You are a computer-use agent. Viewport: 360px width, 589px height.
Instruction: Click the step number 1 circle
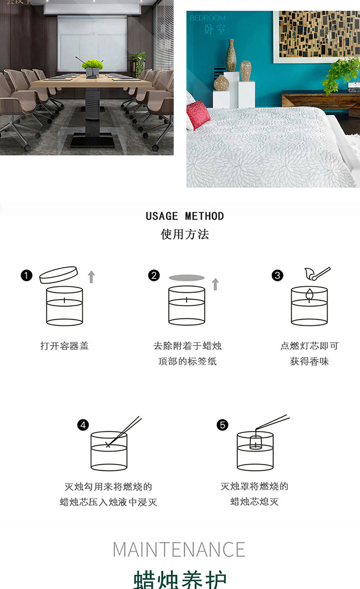[x=27, y=275]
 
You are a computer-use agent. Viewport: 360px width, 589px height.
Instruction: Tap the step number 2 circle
[x=154, y=275]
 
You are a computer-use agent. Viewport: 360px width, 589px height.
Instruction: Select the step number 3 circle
[x=277, y=275]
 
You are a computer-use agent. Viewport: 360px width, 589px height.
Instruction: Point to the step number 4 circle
[x=83, y=425]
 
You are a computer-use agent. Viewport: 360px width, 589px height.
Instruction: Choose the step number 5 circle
[x=223, y=425]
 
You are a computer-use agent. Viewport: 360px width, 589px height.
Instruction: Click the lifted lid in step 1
[x=58, y=275]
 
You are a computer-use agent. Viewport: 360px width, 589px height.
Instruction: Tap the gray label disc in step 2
[x=187, y=278]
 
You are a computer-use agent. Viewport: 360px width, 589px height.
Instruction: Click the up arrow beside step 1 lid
[x=91, y=276]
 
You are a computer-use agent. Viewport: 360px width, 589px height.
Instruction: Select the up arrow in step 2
[x=215, y=284]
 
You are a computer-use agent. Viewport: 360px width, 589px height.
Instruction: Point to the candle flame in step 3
[x=309, y=294]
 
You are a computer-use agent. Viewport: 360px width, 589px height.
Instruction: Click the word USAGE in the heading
[x=162, y=216]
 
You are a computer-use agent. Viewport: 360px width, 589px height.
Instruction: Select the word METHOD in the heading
[x=204, y=216]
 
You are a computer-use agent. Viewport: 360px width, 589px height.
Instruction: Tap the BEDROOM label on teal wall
[x=207, y=18]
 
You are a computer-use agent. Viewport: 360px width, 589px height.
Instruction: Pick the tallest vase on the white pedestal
[x=231, y=56]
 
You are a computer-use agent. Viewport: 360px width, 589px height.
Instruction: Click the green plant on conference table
[x=92, y=65]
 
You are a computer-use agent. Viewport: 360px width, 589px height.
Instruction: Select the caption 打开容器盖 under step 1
[x=64, y=346]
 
